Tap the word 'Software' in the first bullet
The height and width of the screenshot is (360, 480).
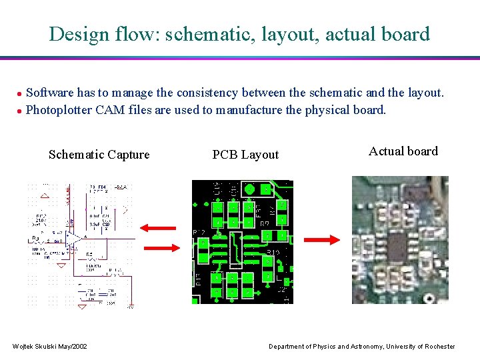51,93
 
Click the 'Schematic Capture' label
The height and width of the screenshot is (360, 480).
99,155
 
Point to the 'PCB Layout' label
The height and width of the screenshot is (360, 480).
245,155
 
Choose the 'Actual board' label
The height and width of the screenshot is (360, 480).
403,151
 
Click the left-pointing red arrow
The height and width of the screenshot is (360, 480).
158,229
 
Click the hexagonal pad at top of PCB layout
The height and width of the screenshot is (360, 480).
250,189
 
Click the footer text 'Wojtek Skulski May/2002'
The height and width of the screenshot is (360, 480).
50,347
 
